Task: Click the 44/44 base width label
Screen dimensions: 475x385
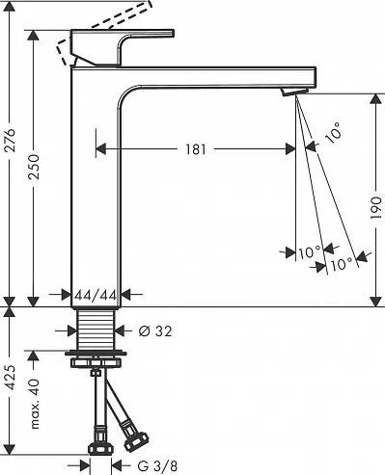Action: coord(96,294)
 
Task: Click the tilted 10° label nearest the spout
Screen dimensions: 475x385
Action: coord(333,136)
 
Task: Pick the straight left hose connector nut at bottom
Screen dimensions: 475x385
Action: coord(97,447)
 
